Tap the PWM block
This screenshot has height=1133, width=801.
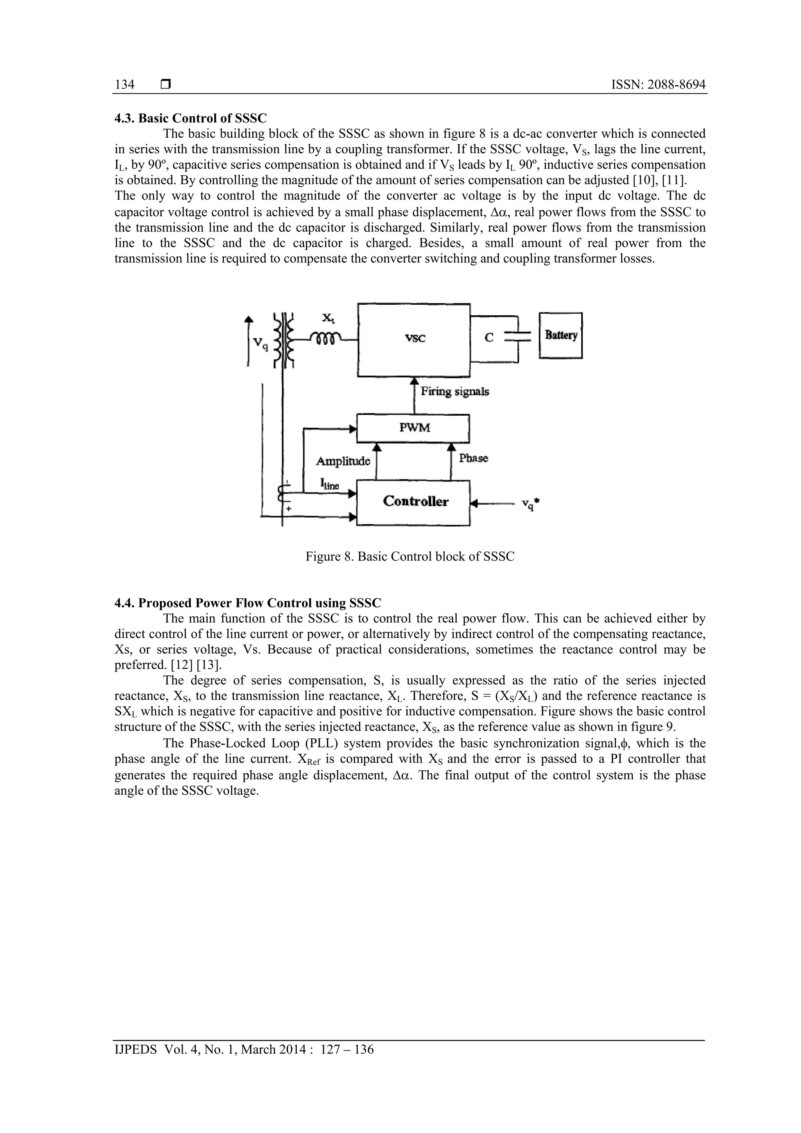[413, 428]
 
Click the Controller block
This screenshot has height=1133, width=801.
[413, 502]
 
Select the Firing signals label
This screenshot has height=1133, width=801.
[454, 392]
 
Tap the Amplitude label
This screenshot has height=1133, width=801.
[343, 461]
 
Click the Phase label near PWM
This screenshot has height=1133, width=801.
[473, 458]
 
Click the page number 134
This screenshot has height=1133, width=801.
[124, 85]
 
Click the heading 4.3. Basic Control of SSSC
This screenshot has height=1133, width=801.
[190, 119]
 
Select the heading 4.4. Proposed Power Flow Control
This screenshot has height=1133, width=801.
[248, 603]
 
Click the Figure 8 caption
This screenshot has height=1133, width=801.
[409, 557]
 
